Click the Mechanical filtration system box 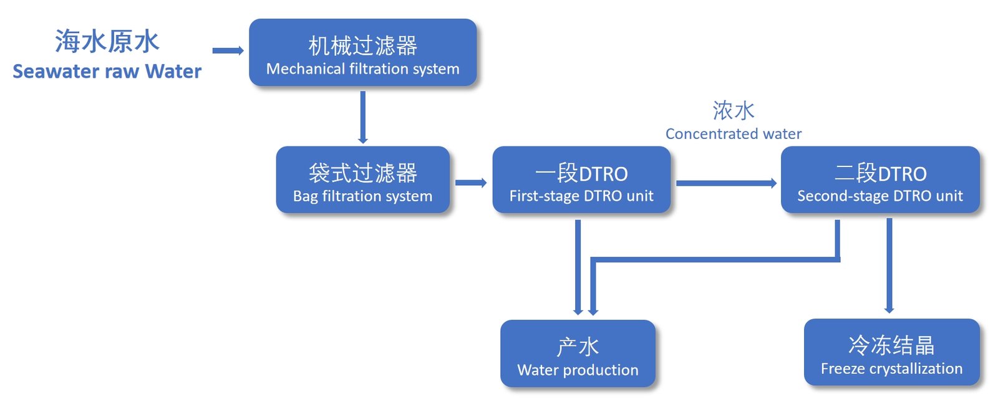click(x=362, y=52)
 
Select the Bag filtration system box click(x=362, y=180)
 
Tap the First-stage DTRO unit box click(x=581, y=180)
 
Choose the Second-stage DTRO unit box click(x=879, y=180)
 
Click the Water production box click(x=578, y=353)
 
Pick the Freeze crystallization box click(x=891, y=352)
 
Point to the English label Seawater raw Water click(x=107, y=72)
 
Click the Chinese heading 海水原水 click(x=107, y=42)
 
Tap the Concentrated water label click(x=733, y=134)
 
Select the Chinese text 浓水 click(x=734, y=111)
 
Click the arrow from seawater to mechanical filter click(x=228, y=50)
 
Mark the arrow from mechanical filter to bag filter click(x=362, y=117)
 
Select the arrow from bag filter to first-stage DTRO click(x=471, y=183)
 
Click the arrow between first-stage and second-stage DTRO click(x=726, y=183)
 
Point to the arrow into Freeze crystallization click(x=889, y=265)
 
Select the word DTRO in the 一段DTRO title click(x=603, y=174)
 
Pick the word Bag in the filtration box click(x=305, y=196)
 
